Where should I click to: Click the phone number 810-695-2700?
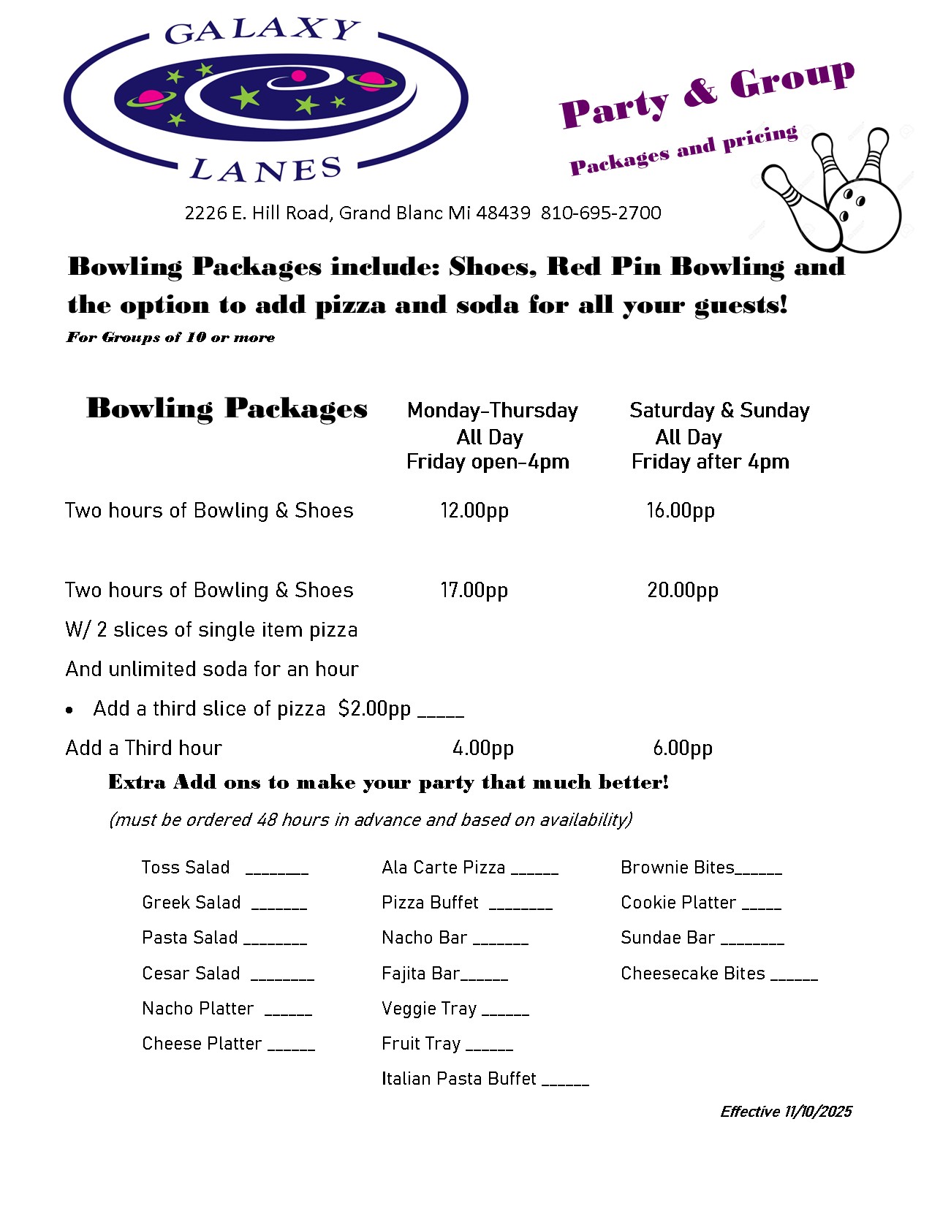click(x=601, y=213)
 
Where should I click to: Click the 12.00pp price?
click(x=474, y=510)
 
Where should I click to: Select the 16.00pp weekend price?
click(x=681, y=510)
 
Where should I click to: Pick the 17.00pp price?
click(x=474, y=590)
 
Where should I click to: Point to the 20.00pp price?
click(x=683, y=590)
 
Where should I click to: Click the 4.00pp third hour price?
click(x=483, y=748)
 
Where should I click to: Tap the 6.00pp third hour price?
click(x=683, y=748)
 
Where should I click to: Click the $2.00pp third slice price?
click(x=374, y=709)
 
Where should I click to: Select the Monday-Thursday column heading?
click(x=493, y=411)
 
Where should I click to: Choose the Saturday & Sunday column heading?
click(x=719, y=411)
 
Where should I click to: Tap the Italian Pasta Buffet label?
click(x=459, y=1079)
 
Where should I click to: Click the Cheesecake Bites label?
click(x=693, y=974)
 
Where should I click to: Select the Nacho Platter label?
click(x=198, y=1009)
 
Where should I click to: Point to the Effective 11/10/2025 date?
click(x=786, y=1112)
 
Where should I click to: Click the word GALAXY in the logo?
click(x=262, y=31)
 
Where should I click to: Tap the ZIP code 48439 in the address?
click(x=504, y=213)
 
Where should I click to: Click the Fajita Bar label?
click(x=420, y=974)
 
